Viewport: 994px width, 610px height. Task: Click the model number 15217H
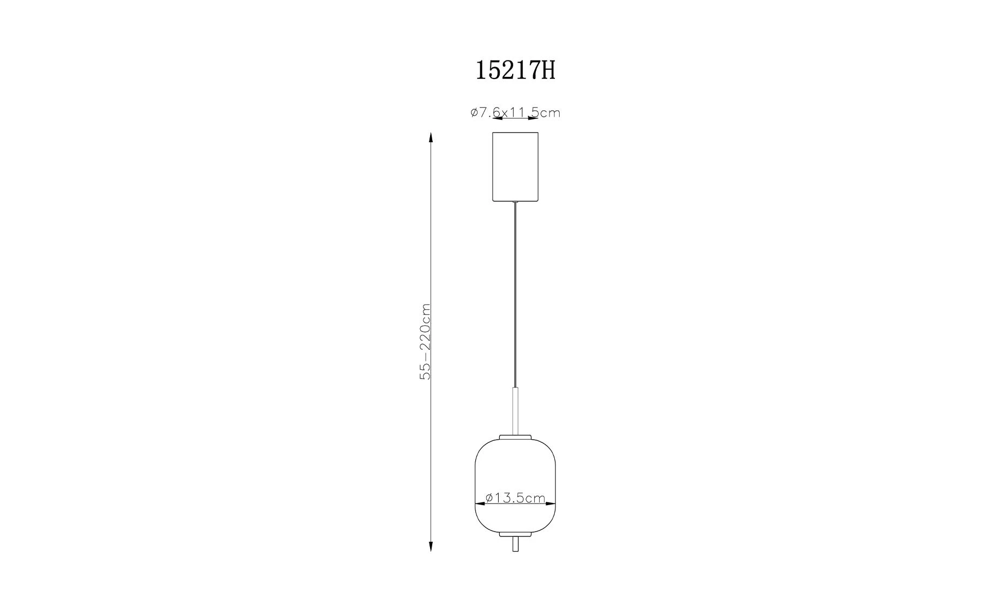(x=515, y=70)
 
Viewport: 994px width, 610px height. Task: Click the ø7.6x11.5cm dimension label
(x=515, y=112)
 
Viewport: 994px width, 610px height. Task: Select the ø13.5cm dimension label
(x=515, y=498)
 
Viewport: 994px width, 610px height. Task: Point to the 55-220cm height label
(x=426, y=341)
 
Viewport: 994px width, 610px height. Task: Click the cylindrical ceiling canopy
(x=515, y=167)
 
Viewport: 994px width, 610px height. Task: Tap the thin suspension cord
(x=515, y=295)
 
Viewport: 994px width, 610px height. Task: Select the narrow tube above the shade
(x=515, y=410)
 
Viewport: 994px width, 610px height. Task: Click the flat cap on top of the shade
(x=515, y=437)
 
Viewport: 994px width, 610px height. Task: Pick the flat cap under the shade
(x=515, y=534)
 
